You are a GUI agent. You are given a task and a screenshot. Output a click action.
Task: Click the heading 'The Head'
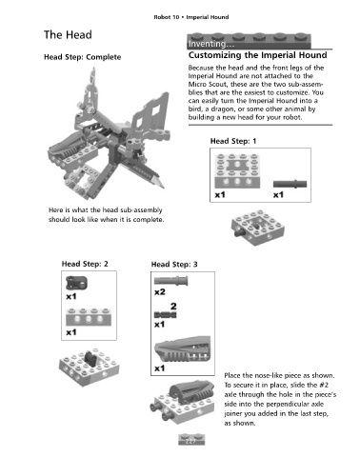coord(68,34)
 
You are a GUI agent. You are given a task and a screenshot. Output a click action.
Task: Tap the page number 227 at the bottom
coord(190,441)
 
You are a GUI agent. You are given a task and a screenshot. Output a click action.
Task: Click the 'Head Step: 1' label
coord(233,141)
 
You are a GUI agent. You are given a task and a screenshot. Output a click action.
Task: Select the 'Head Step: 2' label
coord(85,264)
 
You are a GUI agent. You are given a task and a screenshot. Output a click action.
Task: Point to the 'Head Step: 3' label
coord(174,265)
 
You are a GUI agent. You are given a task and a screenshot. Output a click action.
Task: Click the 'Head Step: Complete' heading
coord(83,57)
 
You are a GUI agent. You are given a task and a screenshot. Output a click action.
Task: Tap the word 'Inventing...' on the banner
coord(207,44)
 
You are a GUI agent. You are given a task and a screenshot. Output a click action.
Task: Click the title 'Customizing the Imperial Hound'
coord(258,55)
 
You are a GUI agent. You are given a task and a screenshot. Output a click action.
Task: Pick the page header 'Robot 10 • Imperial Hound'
coord(191,17)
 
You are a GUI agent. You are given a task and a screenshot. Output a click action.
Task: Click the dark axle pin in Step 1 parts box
coord(290,184)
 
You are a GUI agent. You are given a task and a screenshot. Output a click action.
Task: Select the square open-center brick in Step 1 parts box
coord(237,170)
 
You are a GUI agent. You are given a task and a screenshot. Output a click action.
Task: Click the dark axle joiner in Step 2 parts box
coord(76,283)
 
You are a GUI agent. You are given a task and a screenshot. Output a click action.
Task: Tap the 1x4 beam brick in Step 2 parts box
coord(89,317)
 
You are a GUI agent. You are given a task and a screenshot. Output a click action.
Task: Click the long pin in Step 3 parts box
coord(170,281)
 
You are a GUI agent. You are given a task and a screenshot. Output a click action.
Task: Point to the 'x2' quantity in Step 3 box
coord(160,292)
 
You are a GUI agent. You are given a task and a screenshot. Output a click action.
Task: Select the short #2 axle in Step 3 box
coord(165,315)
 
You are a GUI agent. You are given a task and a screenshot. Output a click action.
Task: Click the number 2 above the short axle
coord(173,307)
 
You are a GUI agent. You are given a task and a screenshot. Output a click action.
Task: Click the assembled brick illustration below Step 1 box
coord(258,228)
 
